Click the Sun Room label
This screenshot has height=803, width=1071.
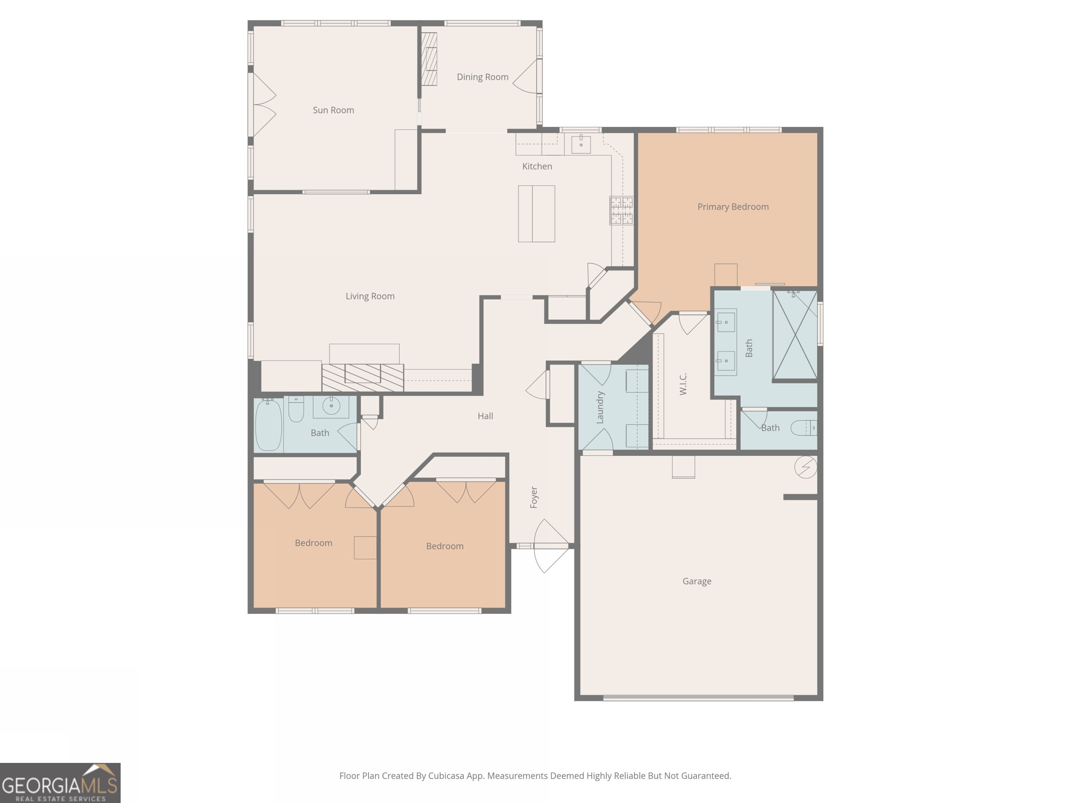tap(333, 110)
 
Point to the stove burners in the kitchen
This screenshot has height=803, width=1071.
tap(621, 211)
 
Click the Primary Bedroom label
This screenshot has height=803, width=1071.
tap(732, 207)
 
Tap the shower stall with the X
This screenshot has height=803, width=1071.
tap(795, 335)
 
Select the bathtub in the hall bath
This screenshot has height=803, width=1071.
tap(268, 425)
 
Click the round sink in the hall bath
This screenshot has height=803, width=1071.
tap(331, 406)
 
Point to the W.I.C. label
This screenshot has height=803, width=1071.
tap(683, 384)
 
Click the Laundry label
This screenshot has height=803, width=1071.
tap(600, 407)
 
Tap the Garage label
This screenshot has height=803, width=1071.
tap(697, 581)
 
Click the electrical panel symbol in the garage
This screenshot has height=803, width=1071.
tap(806, 467)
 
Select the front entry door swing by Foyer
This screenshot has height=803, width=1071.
tap(551, 546)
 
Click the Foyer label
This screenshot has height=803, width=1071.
tap(534, 497)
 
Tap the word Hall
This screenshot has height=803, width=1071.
tap(485, 416)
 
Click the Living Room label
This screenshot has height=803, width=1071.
tap(370, 296)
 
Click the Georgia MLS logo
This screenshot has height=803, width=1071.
tap(60, 783)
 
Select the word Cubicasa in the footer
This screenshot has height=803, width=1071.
tap(446, 776)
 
